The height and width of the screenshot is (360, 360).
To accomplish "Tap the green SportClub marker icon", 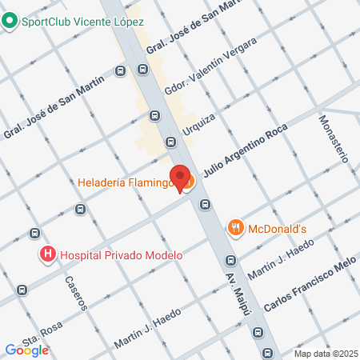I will pos(10,21).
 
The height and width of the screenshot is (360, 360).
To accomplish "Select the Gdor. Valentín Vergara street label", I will pos(210,66).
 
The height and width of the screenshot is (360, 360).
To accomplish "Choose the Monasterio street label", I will pos(334,138).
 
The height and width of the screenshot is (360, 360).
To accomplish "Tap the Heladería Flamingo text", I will pos(126,183).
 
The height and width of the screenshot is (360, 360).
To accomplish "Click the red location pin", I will pos(179,178).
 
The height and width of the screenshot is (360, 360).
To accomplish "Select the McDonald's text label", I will pos(278,228).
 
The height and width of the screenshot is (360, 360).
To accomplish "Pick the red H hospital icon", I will pos(48,256).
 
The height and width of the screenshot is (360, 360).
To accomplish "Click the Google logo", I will pos(26,350).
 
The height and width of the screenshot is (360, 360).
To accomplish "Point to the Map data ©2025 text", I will pos(325,354).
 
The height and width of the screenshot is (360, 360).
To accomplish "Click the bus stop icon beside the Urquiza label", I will pos(170,142).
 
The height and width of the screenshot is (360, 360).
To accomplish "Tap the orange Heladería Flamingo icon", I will pos(186,183).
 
